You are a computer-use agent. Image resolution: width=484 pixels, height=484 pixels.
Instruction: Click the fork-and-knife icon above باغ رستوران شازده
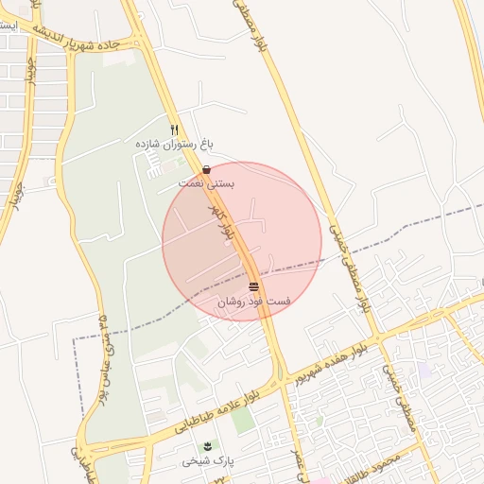coord(174,130)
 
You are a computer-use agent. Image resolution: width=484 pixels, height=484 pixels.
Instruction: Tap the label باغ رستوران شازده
coord(174,144)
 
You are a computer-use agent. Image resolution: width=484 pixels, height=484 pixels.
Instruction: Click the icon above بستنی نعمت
coord(207,169)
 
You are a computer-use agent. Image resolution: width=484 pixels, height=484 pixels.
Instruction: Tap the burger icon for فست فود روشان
coord(253,286)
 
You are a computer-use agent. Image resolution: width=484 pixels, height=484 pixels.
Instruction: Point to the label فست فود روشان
coord(254,302)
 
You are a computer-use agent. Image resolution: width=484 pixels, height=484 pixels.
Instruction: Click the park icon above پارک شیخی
coord(208,445)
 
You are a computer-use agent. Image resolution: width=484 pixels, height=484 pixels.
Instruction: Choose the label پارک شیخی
coord(208,460)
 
